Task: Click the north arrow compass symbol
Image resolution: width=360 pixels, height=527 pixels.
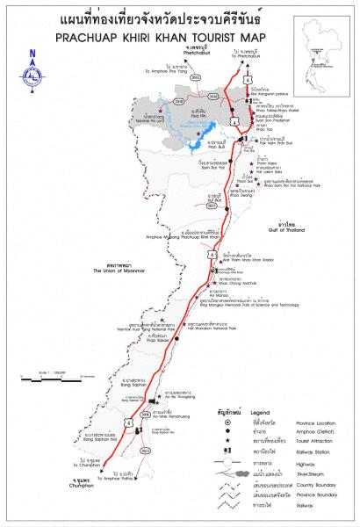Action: (x=32, y=66)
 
